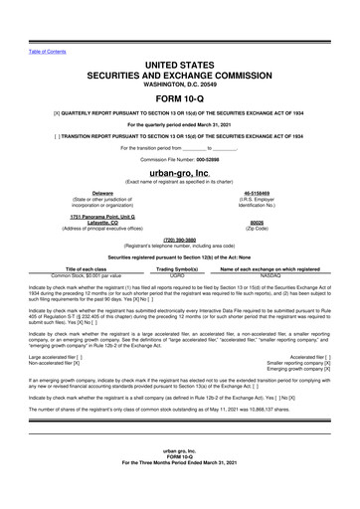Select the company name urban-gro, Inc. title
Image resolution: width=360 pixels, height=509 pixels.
[x=179, y=172]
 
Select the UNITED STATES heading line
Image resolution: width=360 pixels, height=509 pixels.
[x=179, y=64]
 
